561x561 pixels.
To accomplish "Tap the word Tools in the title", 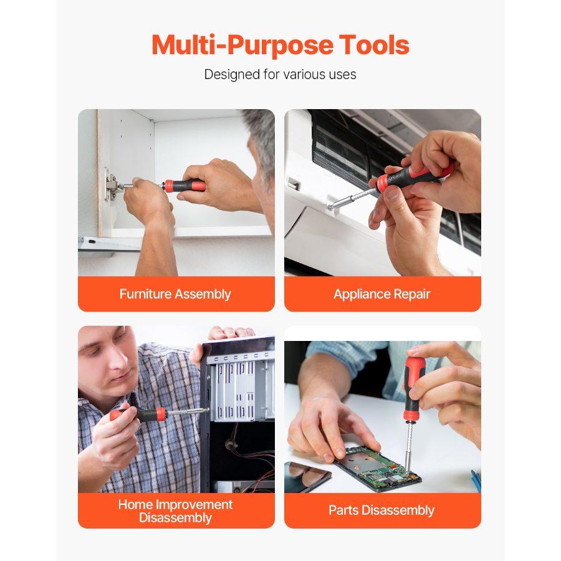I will point(374,46).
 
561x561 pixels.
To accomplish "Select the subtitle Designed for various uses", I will point(280,75).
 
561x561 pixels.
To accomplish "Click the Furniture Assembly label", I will point(175,294).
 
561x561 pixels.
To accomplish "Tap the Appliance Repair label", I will point(382,294).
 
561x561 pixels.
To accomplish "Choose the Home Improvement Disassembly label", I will point(175,511).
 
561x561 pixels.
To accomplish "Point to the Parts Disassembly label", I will point(381,511).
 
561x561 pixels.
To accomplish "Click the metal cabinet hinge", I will point(111,185).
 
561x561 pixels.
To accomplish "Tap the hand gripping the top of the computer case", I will point(231,333).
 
